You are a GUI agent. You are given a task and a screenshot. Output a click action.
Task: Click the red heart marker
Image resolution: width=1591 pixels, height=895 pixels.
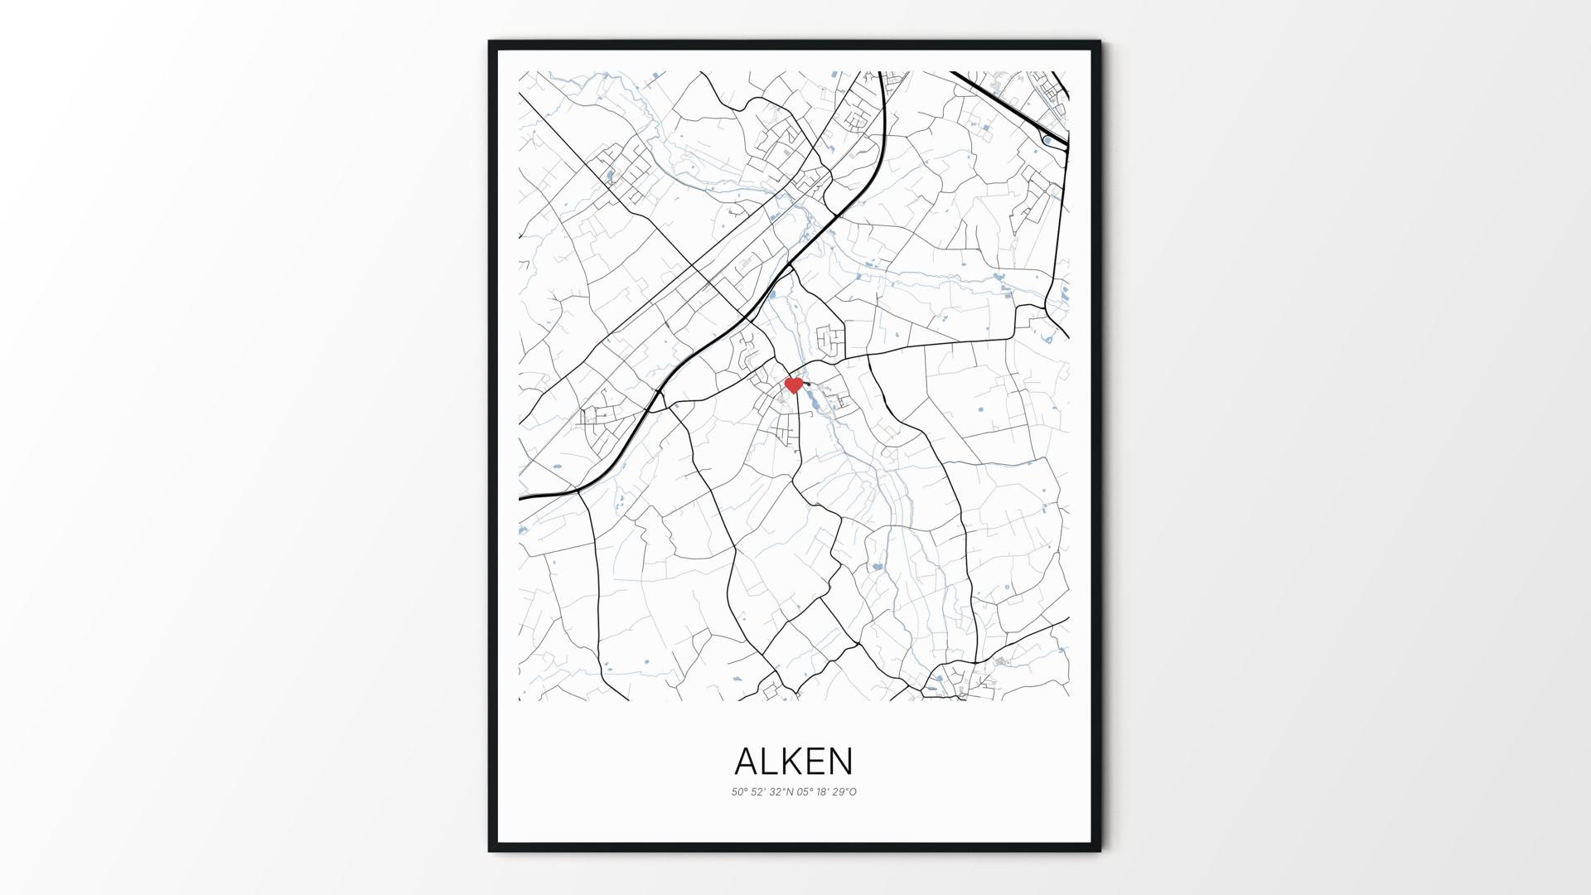tap(793, 385)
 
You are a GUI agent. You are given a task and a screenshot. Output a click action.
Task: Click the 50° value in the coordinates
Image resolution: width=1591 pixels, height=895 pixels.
tap(739, 792)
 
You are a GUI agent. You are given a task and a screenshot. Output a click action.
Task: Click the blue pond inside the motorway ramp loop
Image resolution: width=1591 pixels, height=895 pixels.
tap(1047, 141)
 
